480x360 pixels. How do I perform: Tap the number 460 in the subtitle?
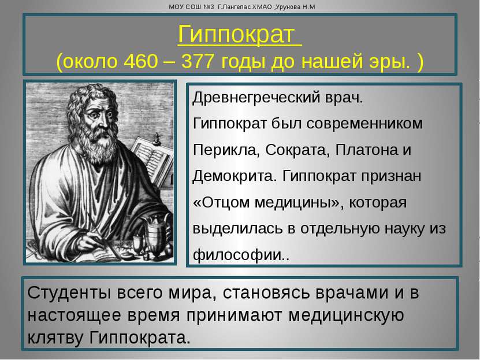click(x=141, y=61)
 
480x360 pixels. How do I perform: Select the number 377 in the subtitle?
click(x=198, y=61)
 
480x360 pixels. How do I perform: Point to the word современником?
click(x=364, y=124)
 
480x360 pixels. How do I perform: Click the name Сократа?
click(x=297, y=150)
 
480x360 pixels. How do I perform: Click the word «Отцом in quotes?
click(x=221, y=202)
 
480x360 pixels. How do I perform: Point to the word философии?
click(x=237, y=255)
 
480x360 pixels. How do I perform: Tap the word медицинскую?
click(x=346, y=316)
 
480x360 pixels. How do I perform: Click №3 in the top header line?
click(x=208, y=7)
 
